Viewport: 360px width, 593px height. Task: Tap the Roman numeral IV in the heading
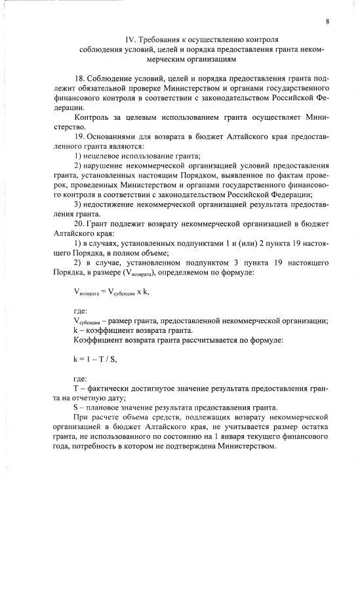tap(130, 39)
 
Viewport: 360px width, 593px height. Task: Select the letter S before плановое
tap(76, 408)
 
